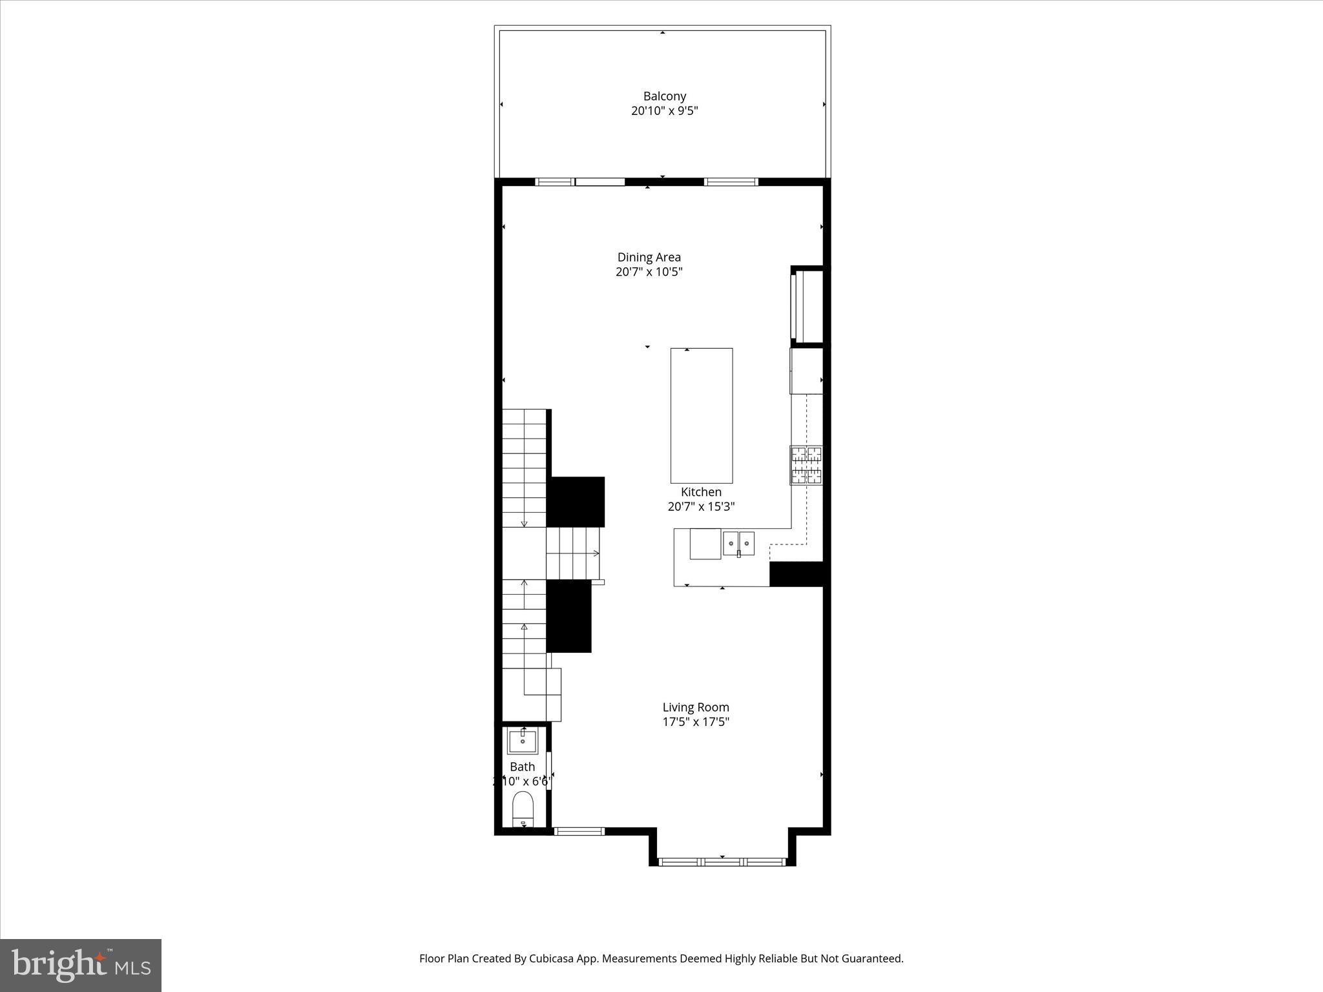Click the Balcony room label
tap(664, 96)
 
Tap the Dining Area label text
tap(649, 257)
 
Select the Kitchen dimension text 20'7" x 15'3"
tap(701, 506)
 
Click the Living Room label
tap(695, 707)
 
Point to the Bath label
tap(522, 767)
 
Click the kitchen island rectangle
tap(701, 415)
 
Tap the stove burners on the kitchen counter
tap(806, 465)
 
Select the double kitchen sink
tap(738, 543)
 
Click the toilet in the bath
tap(523, 809)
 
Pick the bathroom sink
tap(522, 741)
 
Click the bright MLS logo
tap(81, 965)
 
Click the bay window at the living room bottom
tap(722, 862)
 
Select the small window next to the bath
tap(579, 831)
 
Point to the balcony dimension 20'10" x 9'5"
tap(664, 110)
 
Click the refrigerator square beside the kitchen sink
tap(705, 543)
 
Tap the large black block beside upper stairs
tap(576, 502)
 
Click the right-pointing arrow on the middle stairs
tap(595, 553)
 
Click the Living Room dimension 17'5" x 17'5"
tap(695, 721)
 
